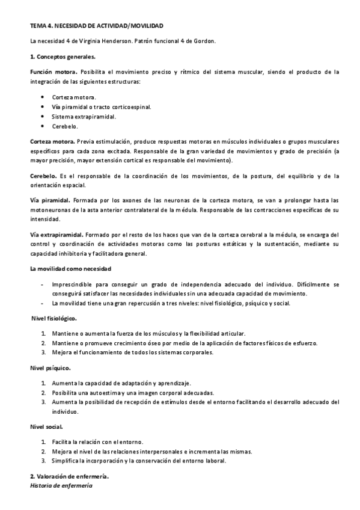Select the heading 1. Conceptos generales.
63,57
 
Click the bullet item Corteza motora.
74,97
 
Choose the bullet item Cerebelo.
65,126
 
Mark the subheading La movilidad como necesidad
70,268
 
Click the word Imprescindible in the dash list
74,283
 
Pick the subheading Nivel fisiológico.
54,318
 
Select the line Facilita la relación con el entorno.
106,441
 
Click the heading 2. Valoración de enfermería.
69,476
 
